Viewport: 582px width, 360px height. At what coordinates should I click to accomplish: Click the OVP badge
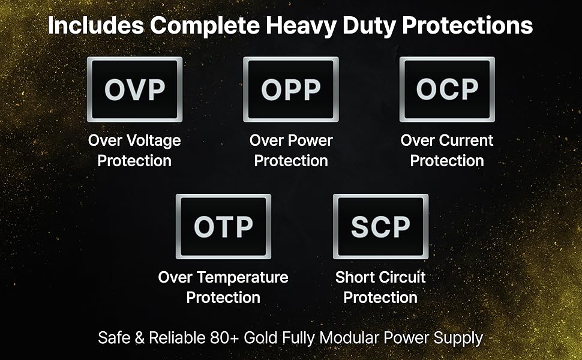134,89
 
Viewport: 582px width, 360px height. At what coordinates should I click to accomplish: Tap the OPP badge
290,89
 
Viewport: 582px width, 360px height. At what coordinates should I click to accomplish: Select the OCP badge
447,89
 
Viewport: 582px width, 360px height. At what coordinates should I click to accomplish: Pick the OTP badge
223,226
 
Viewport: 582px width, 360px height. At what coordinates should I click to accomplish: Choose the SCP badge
380,226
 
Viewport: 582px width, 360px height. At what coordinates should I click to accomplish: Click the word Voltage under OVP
154,141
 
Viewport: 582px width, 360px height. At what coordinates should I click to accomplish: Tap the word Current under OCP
466,140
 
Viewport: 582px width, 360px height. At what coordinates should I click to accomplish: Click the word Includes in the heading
96,26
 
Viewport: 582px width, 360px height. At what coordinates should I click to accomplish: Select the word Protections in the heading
467,26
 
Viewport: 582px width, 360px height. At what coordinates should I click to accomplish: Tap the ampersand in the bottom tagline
139,338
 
